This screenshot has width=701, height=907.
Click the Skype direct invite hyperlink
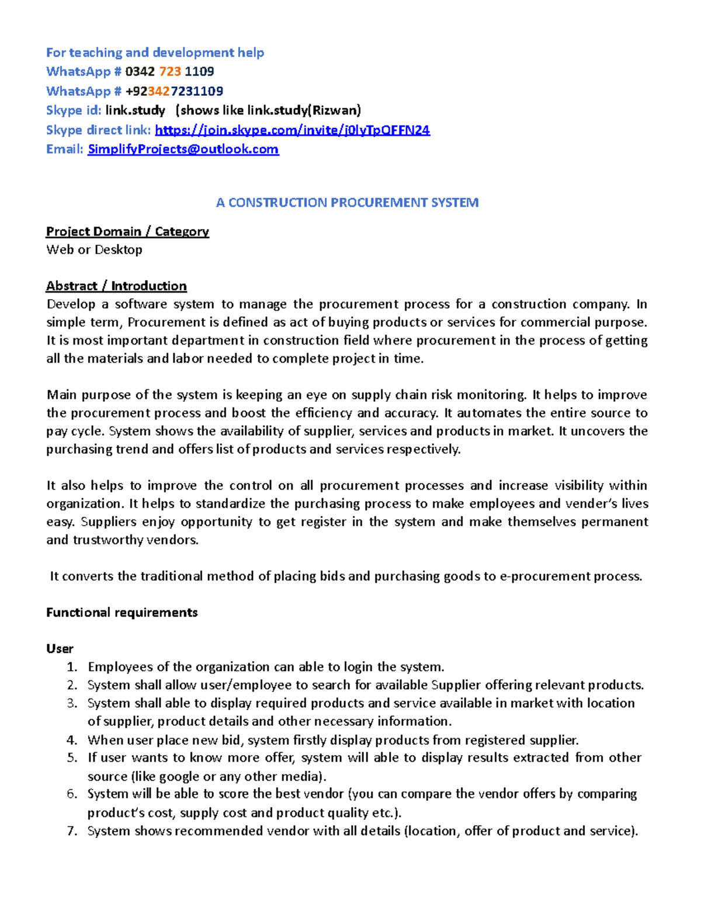pyautogui.click(x=292, y=130)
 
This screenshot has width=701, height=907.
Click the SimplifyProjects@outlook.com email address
pyautogui.click(x=183, y=150)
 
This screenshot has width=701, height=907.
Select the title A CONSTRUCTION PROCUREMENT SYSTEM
pyautogui.click(x=347, y=203)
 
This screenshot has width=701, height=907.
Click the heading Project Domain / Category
pyautogui.click(x=127, y=232)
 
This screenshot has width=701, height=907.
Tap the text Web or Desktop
pyautogui.click(x=94, y=250)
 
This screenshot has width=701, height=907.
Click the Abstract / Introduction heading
pyautogui.click(x=116, y=286)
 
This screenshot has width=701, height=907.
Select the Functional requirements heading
pyautogui.click(x=122, y=613)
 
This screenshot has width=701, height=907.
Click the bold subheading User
pyautogui.click(x=60, y=649)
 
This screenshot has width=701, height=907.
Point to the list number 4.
pyautogui.click(x=71, y=741)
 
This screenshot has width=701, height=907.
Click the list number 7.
pyautogui.click(x=71, y=831)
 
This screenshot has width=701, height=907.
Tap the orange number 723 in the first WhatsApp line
pyautogui.click(x=170, y=72)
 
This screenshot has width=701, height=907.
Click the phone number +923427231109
pyautogui.click(x=174, y=91)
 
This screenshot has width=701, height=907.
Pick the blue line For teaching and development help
pyautogui.click(x=155, y=53)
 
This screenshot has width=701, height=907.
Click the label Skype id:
pyautogui.click(x=74, y=110)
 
